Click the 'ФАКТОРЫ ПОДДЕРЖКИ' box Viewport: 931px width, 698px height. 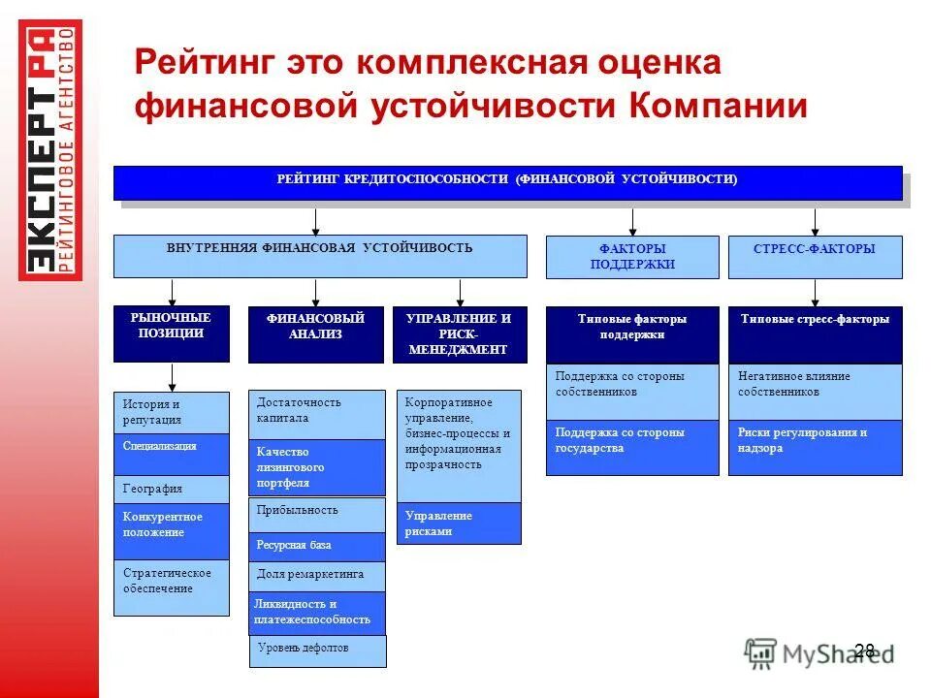coord(631,257)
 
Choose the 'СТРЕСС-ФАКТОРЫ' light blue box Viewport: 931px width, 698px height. coord(815,257)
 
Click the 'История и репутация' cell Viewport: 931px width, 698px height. coord(172,412)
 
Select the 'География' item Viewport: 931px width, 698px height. coord(172,489)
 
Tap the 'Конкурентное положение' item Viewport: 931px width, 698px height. coord(172,530)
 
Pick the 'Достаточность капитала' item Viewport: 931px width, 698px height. coord(316,414)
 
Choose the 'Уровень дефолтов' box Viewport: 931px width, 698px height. coord(316,650)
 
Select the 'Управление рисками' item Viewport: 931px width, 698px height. coord(459,523)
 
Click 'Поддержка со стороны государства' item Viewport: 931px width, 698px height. coord(631,447)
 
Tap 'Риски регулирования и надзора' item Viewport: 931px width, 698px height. coord(815,447)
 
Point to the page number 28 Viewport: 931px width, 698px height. coord(864,650)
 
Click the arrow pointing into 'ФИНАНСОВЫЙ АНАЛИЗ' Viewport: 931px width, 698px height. coord(316,293)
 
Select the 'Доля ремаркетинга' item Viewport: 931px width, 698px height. coord(316,576)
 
